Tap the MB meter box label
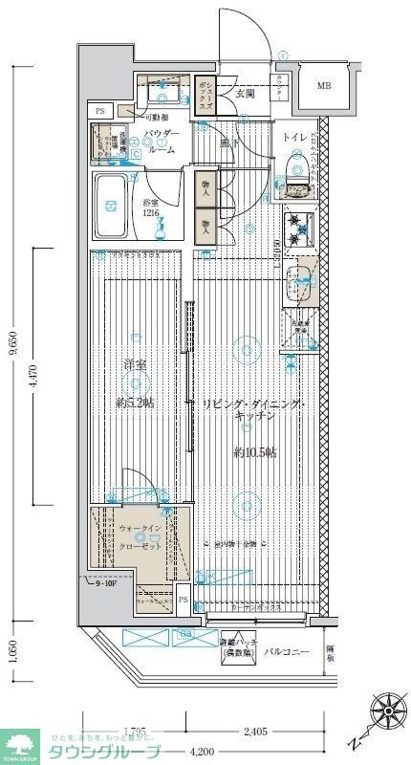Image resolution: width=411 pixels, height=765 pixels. point(325,85)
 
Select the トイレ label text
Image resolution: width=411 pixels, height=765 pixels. point(294,138)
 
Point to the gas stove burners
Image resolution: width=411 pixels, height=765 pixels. point(300,229)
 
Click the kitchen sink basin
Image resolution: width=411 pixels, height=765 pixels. point(304,277)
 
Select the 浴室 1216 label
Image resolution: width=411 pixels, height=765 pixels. point(152,208)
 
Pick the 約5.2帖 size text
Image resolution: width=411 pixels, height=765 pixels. point(135,403)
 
